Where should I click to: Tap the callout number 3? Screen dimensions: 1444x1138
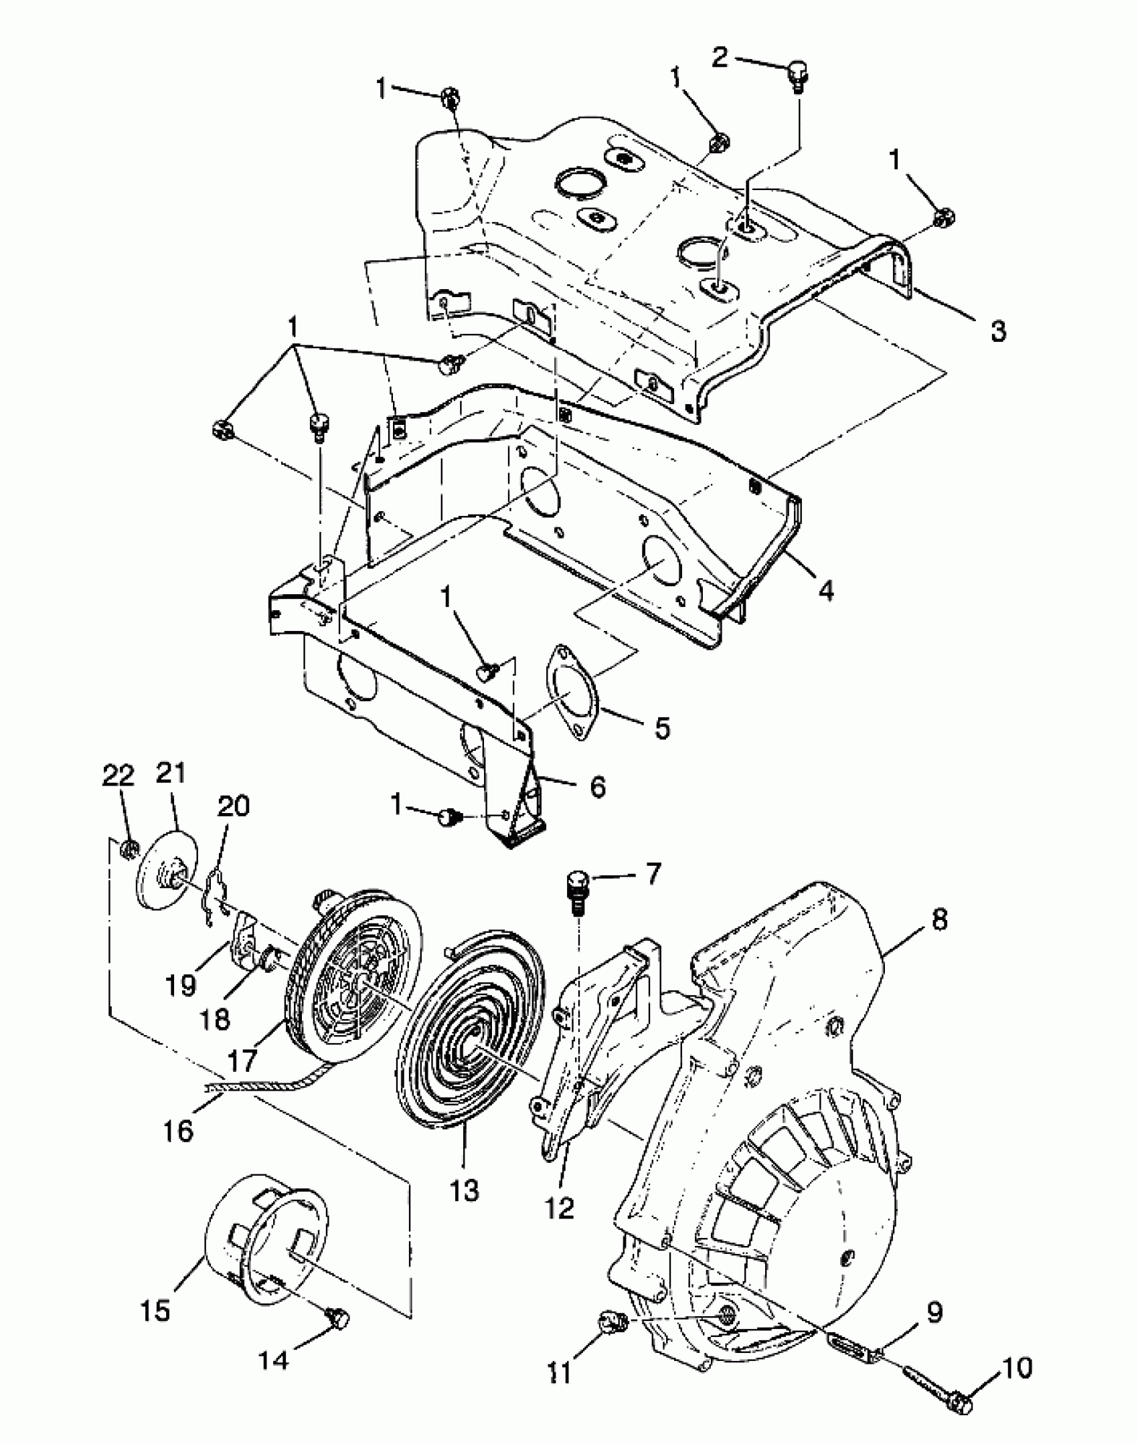click(x=997, y=331)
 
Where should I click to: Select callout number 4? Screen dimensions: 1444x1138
click(x=827, y=590)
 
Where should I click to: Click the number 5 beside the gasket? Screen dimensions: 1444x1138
click(x=661, y=728)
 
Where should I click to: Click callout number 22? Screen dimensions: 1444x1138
click(x=118, y=776)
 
